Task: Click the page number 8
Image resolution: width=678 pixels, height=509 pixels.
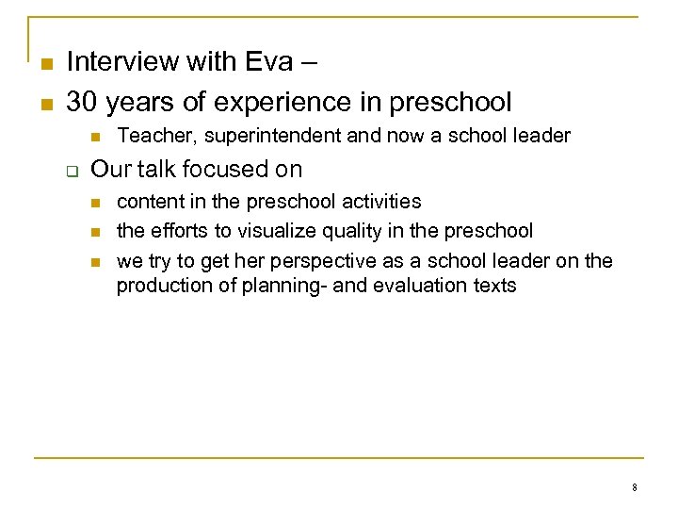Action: pyautogui.click(x=635, y=487)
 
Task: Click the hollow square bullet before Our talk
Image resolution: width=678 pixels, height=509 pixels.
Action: pyautogui.click(x=69, y=171)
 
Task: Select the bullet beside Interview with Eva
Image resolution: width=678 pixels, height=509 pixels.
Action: pyautogui.click(x=45, y=63)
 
